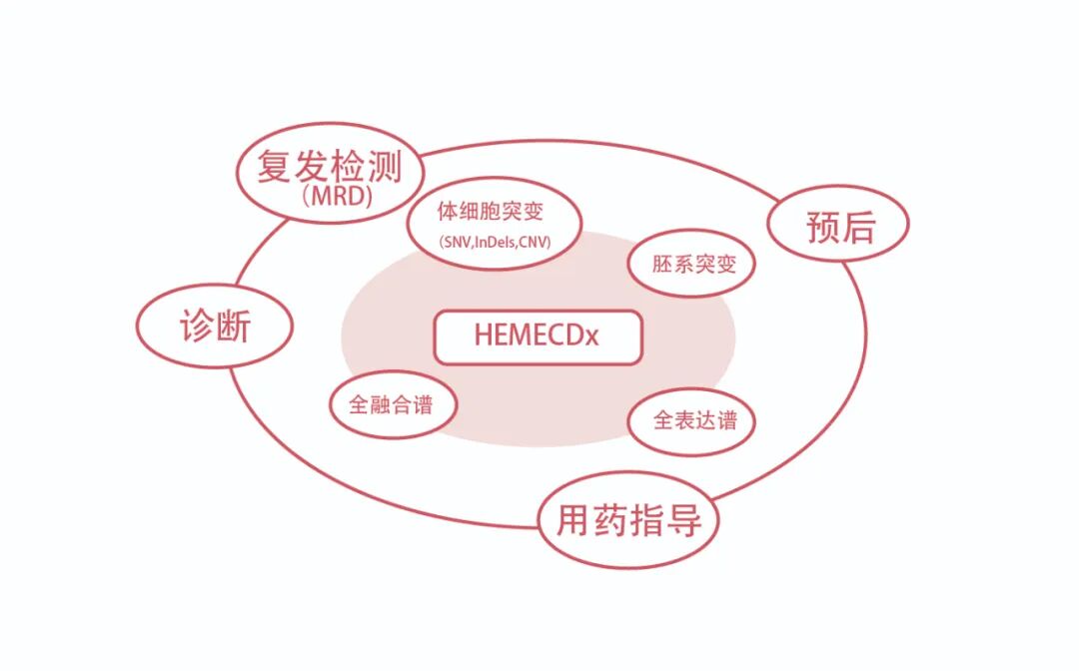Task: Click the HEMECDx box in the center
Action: click(537, 336)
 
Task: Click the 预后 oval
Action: click(838, 227)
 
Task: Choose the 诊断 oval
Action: click(215, 327)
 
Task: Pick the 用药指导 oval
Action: click(628, 520)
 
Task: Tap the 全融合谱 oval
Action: click(394, 404)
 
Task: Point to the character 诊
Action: click(197, 327)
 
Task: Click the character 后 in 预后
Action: click(857, 227)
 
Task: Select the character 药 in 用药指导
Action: click(609, 520)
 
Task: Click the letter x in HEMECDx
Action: click(591, 336)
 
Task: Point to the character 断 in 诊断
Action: click(234, 327)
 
